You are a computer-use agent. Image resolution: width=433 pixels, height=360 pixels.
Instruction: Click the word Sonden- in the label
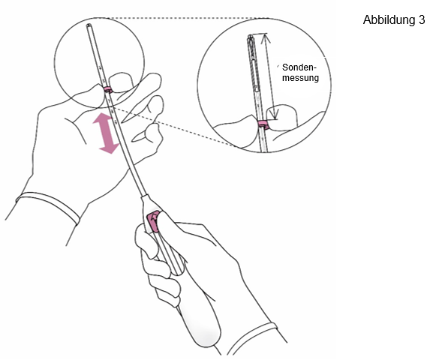point(299,67)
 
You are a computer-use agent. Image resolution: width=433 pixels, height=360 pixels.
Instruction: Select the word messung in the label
point(300,78)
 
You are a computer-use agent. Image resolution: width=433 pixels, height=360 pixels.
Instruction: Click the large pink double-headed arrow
point(106,133)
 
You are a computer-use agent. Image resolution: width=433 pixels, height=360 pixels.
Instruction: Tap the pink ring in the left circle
point(107,89)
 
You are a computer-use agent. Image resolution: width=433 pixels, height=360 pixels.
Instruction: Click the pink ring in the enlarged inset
point(263,124)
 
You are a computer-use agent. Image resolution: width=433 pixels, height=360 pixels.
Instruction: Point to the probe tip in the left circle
point(89,26)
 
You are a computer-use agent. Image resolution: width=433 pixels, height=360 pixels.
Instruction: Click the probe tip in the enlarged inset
point(250,37)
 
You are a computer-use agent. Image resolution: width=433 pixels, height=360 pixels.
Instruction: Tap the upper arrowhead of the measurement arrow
point(266,39)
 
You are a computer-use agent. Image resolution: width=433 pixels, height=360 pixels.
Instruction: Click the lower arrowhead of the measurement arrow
point(274,114)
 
